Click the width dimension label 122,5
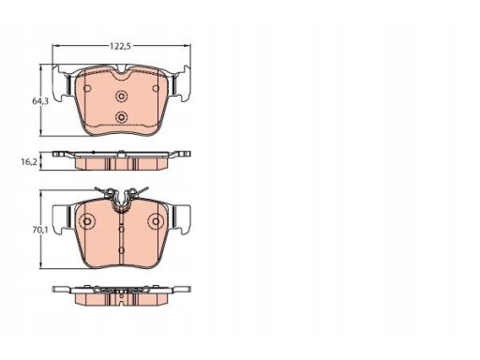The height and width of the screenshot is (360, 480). (x=120, y=46)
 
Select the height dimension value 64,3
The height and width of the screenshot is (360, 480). (x=40, y=101)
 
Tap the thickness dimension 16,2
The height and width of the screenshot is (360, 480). (x=29, y=162)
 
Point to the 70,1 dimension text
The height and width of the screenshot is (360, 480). (x=40, y=231)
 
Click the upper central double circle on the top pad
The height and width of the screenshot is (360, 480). (x=121, y=97)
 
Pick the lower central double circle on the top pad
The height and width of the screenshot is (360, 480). (x=121, y=117)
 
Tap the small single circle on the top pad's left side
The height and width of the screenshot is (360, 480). (x=87, y=88)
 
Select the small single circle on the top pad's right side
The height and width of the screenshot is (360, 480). (x=156, y=88)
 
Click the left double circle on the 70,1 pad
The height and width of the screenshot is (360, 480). (x=87, y=221)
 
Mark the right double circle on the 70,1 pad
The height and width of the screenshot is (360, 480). (x=156, y=221)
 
